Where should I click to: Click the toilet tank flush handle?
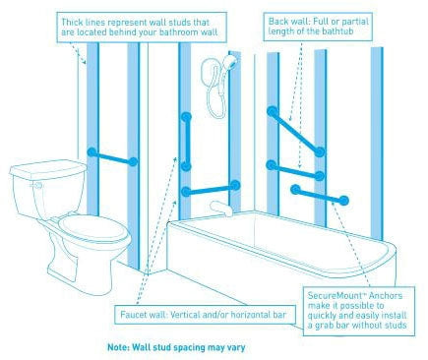pyautogui.click(x=37, y=186)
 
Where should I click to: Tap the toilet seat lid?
pyautogui.click(x=92, y=227)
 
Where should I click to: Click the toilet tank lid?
pyautogui.click(x=48, y=169)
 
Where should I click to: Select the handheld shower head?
pyautogui.click(x=229, y=62)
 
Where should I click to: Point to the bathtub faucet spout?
pyautogui.click(x=221, y=209)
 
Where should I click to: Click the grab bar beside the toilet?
pyautogui.click(x=112, y=157)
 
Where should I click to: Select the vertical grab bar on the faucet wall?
pyautogui.click(x=186, y=142)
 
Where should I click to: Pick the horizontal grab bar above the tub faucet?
pyautogui.click(x=211, y=189)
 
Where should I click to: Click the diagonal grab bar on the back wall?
pyautogui.click(x=296, y=132)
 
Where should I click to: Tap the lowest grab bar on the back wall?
pyautogui.click(x=320, y=195)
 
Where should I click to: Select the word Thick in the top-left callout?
pyautogui.click(x=72, y=23)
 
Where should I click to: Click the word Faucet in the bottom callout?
pyautogui.click(x=133, y=315)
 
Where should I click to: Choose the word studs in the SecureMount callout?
pyautogui.click(x=396, y=326)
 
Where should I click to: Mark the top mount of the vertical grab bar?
pyautogui.click(x=186, y=117)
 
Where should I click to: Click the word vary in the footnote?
pyautogui.click(x=235, y=347)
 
